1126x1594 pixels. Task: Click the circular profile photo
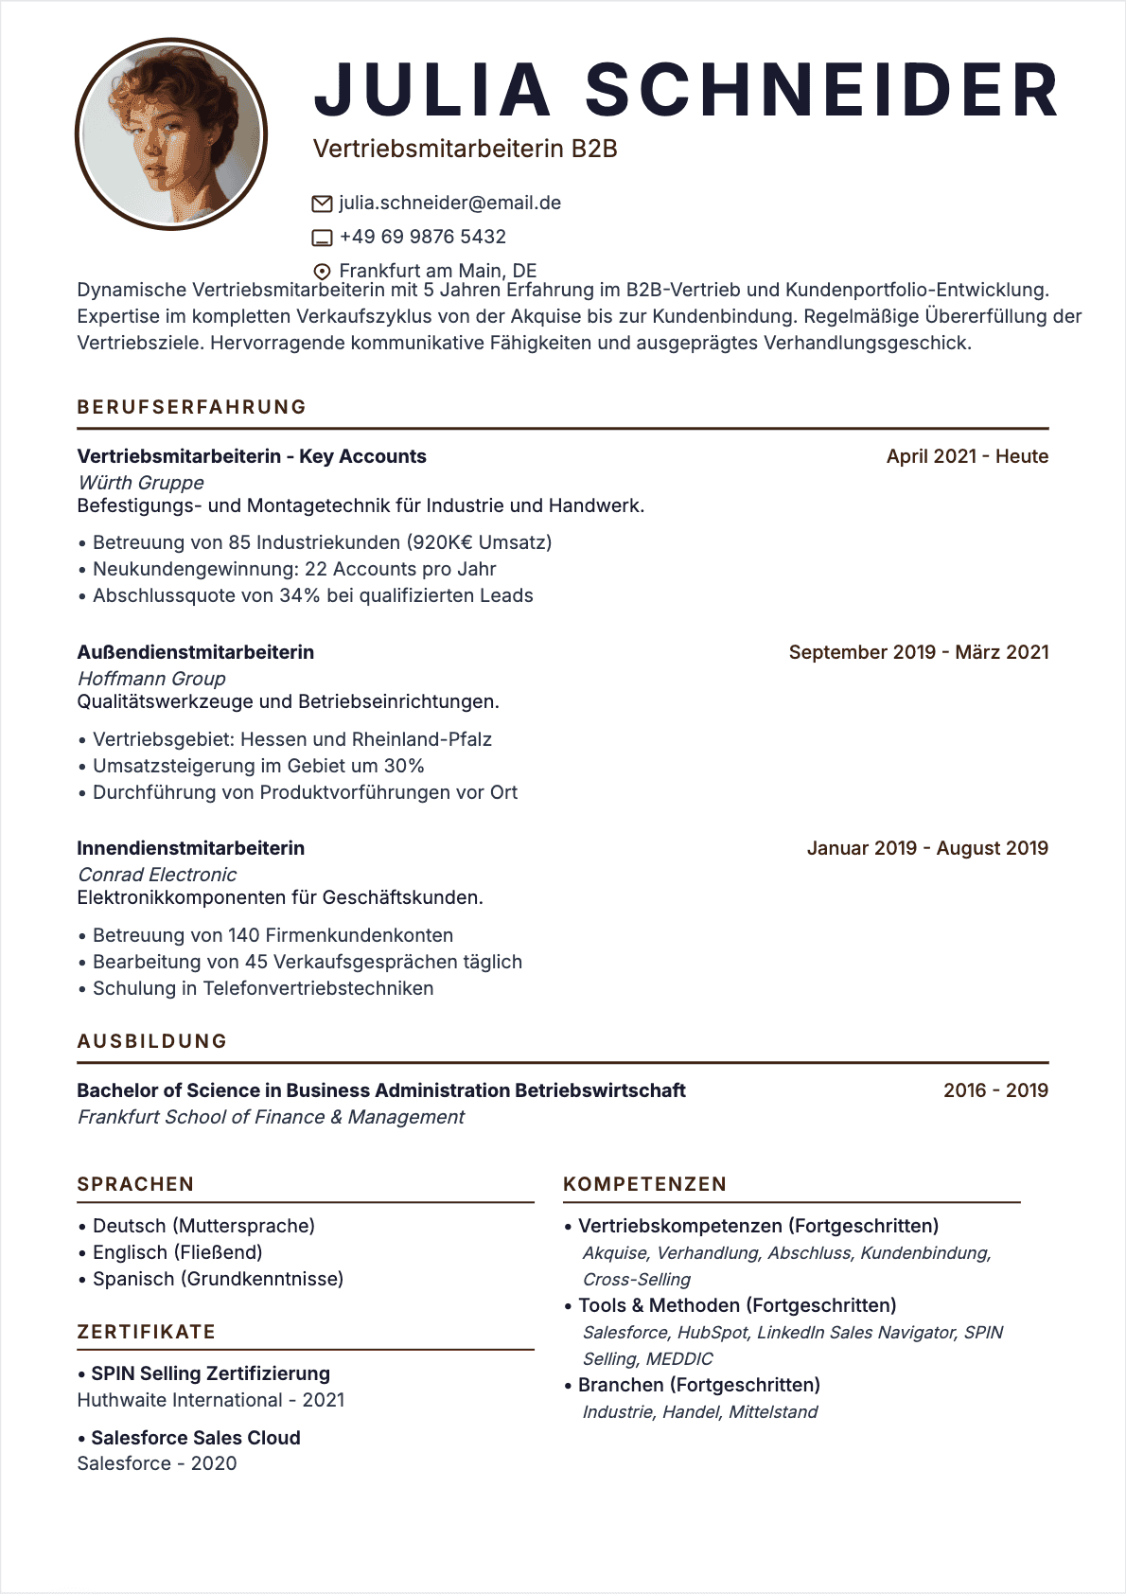tap(171, 133)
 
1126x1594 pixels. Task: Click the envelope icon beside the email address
tap(322, 204)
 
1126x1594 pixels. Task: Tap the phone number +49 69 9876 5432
tap(422, 237)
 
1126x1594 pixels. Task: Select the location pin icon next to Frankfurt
tap(322, 271)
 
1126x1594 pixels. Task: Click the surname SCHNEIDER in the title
tap(821, 91)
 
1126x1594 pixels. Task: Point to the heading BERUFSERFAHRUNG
tap(192, 407)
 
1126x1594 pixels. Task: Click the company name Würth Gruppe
tap(141, 483)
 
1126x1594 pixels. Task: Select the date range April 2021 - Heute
tap(966, 456)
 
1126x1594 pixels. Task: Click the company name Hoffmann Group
tap(151, 679)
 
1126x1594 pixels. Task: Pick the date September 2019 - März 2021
tap(918, 652)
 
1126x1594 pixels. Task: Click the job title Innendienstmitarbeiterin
tap(190, 848)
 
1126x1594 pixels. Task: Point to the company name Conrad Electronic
tap(157, 875)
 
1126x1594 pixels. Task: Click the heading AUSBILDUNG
tap(152, 1041)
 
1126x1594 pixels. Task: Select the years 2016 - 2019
tap(995, 1090)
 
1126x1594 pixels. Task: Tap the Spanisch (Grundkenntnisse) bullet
tap(218, 1279)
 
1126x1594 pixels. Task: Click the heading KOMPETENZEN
tap(644, 1184)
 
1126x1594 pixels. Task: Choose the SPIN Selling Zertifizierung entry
tap(210, 1373)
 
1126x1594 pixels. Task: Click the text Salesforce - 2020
tap(157, 1463)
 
